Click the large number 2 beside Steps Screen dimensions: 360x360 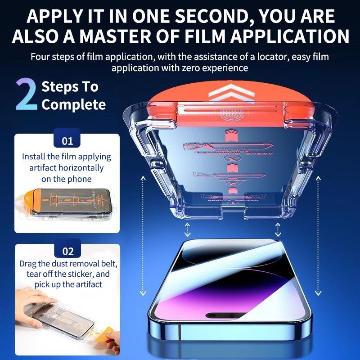(x=26, y=94)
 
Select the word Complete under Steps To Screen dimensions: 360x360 (x=73, y=105)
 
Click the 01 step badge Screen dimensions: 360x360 (x=67, y=141)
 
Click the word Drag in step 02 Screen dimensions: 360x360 (x=28, y=263)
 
